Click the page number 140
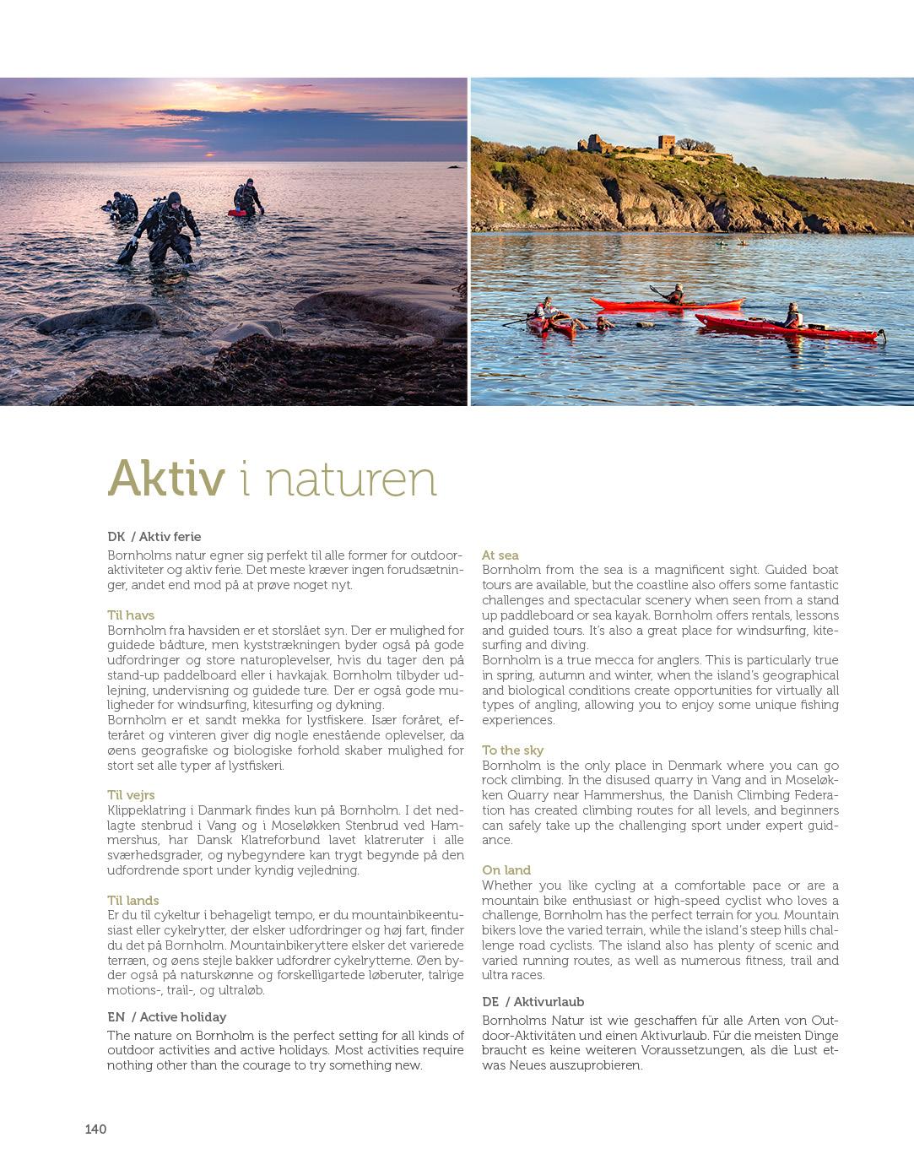pyautogui.click(x=95, y=1129)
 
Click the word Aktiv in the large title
pyautogui.click(x=166, y=479)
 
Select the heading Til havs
pyautogui.click(x=131, y=615)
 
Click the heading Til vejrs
pyautogui.click(x=131, y=795)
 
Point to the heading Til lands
pyautogui.click(x=133, y=901)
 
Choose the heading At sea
pyautogui.click(x=500, y=555)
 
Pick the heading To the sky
pyautogui.click(x=513, y=750)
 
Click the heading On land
pyautogui.click(x=506, y=870)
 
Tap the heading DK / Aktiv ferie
pyautogui.click(x=154, y=537)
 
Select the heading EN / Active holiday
pyautogui.click(x=167, y=1017)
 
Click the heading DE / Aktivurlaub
pyautogui.click(x=533, y=1002)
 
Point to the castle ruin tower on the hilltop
pyautogui.click(x=668, y=144)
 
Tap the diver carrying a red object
pyautogui.click(x=247, y=198)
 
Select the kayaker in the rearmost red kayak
pyautogui.click(x=674, y=295)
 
